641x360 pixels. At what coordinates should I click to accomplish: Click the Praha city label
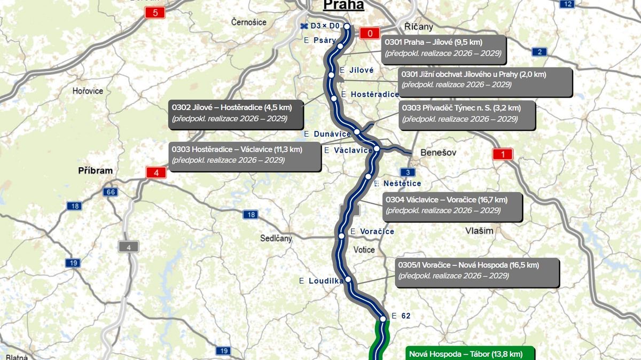(343, 5)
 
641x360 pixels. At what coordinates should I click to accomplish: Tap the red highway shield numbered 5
(155, 12)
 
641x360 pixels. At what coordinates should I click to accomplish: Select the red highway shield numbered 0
(370, 33)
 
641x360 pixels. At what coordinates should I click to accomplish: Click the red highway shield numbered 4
(156, 173)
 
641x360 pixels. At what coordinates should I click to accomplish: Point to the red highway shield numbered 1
(502, 155)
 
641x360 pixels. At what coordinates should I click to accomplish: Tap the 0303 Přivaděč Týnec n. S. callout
(467, 114)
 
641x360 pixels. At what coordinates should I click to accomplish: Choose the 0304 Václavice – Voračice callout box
(453, 206)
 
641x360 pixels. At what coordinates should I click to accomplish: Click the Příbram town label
(96, 171)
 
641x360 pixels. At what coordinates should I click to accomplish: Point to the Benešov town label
(439, 152)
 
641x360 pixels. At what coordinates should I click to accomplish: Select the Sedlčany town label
(276, 238)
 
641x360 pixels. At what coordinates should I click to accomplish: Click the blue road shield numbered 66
(111, 192)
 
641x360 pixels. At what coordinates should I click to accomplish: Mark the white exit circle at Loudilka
(348, 279)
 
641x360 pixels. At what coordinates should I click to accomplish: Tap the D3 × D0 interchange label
(320, 26)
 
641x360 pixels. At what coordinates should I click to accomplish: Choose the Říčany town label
(418, 27)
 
